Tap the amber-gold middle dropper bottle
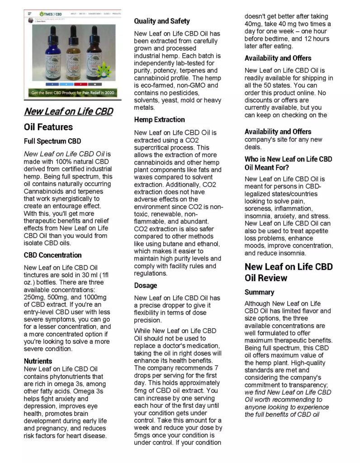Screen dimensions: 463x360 pyautogui.click(x=75, y=57)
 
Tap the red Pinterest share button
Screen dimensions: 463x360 pyautogui.click(x=80, y=85)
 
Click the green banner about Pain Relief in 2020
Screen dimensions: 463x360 pyautogui.click(x=72, y=93)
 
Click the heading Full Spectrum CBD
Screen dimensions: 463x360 pyautogui.click(x=52, y=141)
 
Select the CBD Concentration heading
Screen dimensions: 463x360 pyautogui.click(x=52, y=255)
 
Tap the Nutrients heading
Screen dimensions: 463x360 pyautogui.click(x=38, y=361)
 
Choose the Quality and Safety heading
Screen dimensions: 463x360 pyautogui.click(x=162, y=21)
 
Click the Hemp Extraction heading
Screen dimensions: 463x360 pyautogui.click(x=159, y=119)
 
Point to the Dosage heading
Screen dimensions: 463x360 pyautogui.click(x=146, y=285)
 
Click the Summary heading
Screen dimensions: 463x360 pyautogui.click(x=259, y=292)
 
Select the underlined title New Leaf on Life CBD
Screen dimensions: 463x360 pyautogui.click(x=68, y=111)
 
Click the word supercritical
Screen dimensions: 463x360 pyautogui.click(x=155, y=147)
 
